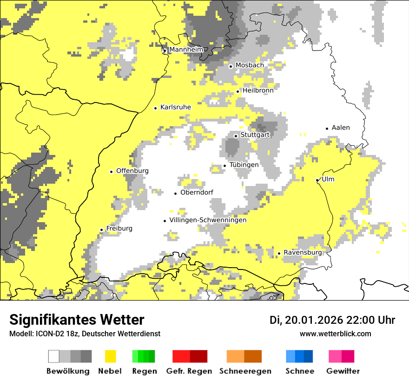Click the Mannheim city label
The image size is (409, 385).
pyautogui.click(x=186, y=50)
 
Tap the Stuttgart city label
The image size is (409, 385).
pyautogui.click(x=255, y=135)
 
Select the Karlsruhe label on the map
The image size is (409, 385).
pyautogui.click(x=175, y=107)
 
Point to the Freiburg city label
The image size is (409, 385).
pyautogui.click(x=119, y=229)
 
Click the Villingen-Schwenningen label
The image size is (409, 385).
pyautogui.click(x=208, y=220)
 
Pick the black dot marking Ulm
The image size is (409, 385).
pyautogui.click(x=317, y=180)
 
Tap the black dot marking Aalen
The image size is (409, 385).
pyautogui.click(x=327, y=128)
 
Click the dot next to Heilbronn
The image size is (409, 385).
pyautogui.click(x=238, y=91)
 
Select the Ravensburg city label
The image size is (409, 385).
pyautogui.click(x=303, y=252)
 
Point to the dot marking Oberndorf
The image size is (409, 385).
pyautogui.click(x=176, y=193)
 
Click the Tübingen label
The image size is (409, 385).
pyautogui.click(x=244, y=165)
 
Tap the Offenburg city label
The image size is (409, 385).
pyautogui.click(x=132, y=171)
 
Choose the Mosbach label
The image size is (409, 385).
pyautogui.click(x=250, y=65)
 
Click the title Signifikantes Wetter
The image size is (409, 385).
pyautogui.click(x=77, y=320)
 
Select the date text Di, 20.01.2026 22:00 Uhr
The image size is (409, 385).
pyautogui.click(x=332, y=320)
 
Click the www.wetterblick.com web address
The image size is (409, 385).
pyautogui.click(x=335, y=334)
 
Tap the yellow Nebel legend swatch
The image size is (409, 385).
pyautogui.click(x=110, y=356)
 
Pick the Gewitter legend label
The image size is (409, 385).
pyautogui.click(x=343, y=371)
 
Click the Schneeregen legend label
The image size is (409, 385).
pyautogui.click(x=245, y=371)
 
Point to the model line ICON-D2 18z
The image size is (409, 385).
pyautogui.click(x=85, y=334)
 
